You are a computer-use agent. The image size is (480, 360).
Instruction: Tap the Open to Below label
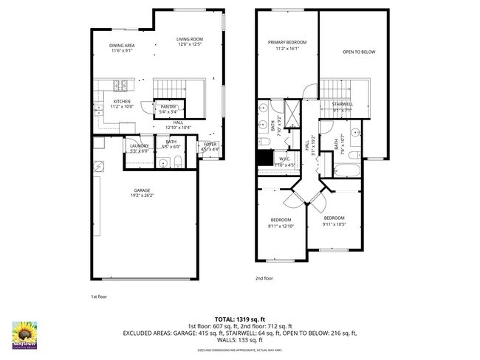357,52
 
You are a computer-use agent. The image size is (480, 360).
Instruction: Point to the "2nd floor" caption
264,278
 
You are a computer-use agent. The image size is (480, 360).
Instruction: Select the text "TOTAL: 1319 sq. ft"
240,317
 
